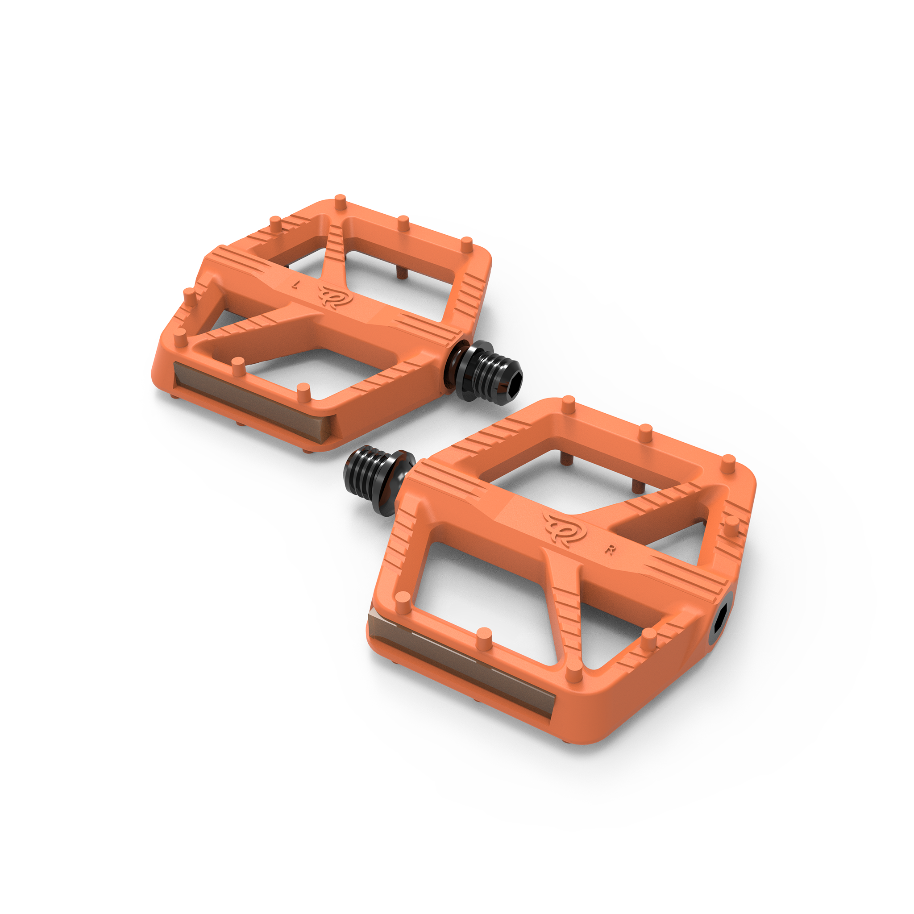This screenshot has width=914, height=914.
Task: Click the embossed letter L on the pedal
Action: click(x=296, y=284)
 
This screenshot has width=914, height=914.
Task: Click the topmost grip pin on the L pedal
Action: click(x=340, y=202)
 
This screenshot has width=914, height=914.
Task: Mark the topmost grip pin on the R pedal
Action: click(x=568, y=403)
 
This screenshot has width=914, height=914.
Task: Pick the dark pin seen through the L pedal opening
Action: click(x=401, y=273)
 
